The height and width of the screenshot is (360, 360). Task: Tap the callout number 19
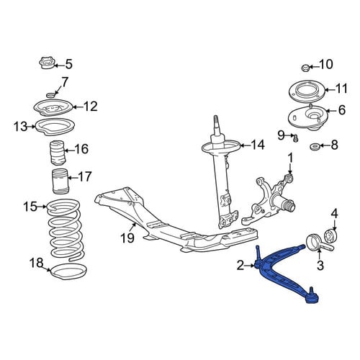(127, 238)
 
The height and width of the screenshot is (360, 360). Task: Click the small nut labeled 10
(305, 68)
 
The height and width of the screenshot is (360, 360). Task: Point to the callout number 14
(258, 145)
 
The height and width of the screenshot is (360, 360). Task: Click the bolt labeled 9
(296, 138)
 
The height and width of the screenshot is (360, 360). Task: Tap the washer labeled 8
(314, 146)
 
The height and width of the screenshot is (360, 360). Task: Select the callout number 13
(21, 126)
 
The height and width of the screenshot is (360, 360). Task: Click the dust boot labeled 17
(60, 181)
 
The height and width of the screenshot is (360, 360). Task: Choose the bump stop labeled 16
(57, 153)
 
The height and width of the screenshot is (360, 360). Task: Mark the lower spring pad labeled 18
(68, 271)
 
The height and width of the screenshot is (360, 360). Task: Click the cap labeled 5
(47, 63)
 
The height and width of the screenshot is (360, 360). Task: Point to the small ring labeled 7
(50, 96)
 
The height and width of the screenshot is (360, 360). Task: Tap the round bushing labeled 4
(330, 235)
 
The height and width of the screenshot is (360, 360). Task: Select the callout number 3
(320, 265)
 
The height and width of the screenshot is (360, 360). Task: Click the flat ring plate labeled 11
(307, 91)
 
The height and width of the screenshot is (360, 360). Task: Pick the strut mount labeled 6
(306, 118)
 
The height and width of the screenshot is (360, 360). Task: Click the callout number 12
(91, 107)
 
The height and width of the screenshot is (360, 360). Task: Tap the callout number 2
(240, 266)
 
